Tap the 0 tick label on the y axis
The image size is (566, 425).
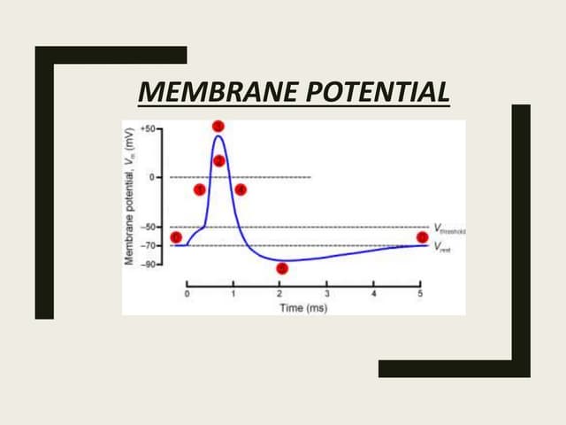point(151,177)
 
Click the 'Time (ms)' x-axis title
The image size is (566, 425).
point(303,307)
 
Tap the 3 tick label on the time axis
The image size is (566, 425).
point(326,293)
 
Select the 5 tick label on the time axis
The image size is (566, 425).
point(420,293)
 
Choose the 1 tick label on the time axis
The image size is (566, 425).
point(233,293)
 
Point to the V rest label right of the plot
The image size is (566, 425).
point(442,247)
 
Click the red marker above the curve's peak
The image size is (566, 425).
point(218,126)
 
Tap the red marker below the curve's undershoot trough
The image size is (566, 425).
point(281,268)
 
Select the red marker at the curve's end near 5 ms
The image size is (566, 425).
point(422,236)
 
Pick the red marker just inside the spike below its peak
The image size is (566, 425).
point(218,160)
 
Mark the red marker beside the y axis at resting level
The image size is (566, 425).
point(175,236)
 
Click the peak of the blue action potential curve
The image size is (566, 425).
point(218,135)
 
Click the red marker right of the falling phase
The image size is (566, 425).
point(241,189)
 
